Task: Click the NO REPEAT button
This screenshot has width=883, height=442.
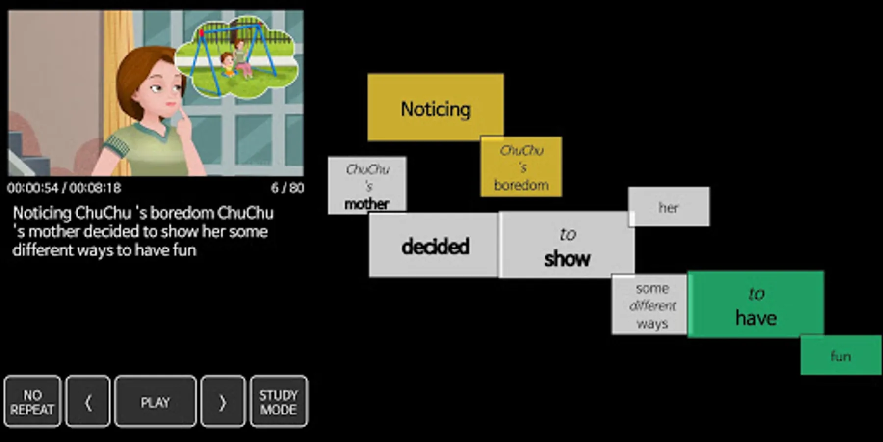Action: click(32, 402)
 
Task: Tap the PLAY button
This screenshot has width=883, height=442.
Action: click(155, 402)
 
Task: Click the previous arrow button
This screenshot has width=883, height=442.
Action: click(88, 402)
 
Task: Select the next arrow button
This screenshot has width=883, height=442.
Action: click(222, 402)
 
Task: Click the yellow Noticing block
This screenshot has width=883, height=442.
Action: click(435, 107)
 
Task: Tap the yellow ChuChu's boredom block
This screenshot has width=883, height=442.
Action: click(521, 167)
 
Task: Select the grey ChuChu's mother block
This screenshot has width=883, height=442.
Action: click(367, 185)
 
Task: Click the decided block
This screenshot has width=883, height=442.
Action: click(434, 245)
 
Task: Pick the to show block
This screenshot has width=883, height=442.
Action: click(567, 245)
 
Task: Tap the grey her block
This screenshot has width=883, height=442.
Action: click(669, 207)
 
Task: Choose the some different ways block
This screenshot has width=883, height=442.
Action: click(651, 305)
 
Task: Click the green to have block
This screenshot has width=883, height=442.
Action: click(755, 304)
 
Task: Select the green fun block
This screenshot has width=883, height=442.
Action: click(840, 356)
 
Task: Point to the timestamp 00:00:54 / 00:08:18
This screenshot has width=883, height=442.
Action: click(64, 188)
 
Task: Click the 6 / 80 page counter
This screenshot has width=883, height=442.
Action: click(287, 188)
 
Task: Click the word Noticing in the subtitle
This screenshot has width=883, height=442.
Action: click(42, 213)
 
